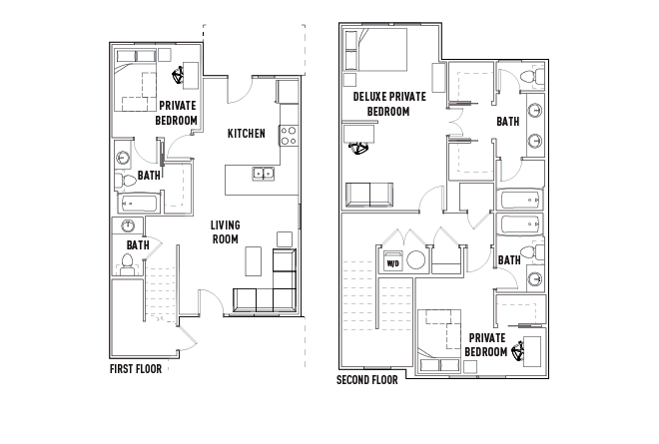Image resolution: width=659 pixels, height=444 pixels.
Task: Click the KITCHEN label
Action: (247, 134)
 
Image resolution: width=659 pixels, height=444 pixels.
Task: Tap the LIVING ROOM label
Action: (226, 231)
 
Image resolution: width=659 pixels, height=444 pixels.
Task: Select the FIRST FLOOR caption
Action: (136, 369)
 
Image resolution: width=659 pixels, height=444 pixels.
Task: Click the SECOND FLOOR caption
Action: (366, 380)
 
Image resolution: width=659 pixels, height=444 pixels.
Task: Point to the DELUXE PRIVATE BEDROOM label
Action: (389, 104)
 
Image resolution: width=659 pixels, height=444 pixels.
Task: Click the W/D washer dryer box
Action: (393, 260)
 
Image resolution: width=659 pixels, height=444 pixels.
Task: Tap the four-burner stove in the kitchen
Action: (289, 136)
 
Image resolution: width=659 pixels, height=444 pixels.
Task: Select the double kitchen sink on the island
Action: (264, 174)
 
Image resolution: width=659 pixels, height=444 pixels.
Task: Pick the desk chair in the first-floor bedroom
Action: (178, 76)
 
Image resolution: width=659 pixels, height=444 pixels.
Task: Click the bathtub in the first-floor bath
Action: (138, 204)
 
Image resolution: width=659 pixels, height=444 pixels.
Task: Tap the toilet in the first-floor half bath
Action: (127, 263)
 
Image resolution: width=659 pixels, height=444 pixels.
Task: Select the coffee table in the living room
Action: (253, 260)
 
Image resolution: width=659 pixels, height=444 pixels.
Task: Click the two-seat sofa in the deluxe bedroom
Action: (369, 195)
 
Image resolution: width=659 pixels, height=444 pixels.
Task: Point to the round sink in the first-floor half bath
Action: (128, 225)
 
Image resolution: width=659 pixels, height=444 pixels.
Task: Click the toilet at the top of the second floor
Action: (532, 77)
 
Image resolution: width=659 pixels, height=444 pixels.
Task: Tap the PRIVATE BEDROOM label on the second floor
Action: (486, 345)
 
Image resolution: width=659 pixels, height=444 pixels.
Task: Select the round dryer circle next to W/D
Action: (415, 260)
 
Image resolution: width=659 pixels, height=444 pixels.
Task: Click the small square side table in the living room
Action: (285, 239)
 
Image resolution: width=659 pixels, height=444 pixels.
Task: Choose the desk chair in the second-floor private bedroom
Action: (518, 350)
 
